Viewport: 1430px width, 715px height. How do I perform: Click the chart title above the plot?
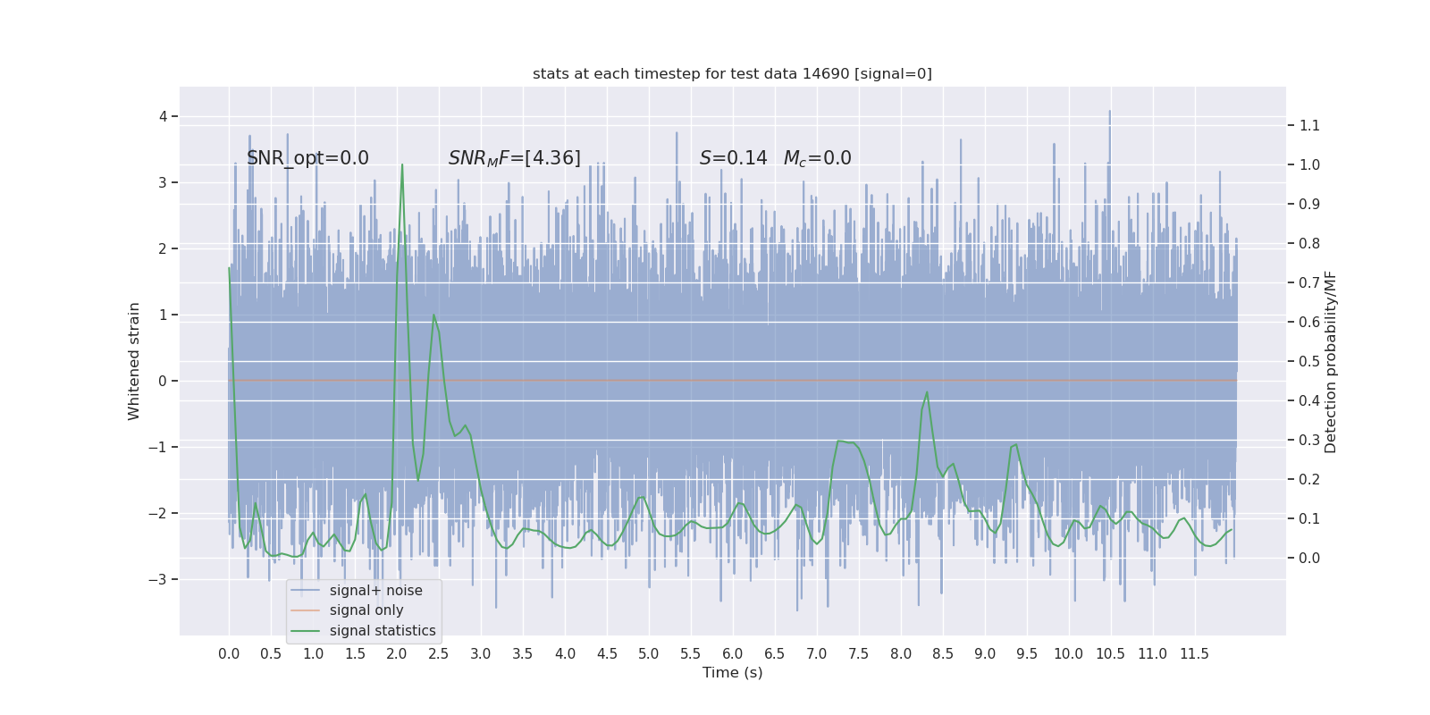point(732,73)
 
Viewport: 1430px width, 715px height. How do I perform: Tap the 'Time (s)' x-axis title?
point(732,672)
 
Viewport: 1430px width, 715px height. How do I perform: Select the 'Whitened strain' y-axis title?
point(134,361)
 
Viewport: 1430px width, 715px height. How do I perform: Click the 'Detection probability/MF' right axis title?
point(1331,361)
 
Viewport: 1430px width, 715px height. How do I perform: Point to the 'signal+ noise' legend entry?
point(375,590)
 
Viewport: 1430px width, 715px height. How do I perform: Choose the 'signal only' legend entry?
point(366,610)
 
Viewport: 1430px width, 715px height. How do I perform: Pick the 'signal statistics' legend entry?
point(382,631)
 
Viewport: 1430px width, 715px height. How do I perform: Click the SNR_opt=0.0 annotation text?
point(307,158)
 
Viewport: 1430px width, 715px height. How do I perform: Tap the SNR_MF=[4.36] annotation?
point(514,158)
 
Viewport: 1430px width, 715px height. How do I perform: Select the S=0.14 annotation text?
point(733,158)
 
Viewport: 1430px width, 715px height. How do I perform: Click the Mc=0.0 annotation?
point(817,158)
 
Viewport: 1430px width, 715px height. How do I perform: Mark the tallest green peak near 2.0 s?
point(402,165)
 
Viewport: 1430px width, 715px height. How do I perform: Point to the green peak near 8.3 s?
point(927,392)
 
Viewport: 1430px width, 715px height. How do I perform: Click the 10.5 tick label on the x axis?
point(1110,654)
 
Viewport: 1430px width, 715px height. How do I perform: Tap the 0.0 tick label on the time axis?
point(229,654)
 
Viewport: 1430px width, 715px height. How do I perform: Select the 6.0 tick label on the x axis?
point(732,654)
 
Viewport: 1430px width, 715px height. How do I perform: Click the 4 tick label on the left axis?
point(164,116)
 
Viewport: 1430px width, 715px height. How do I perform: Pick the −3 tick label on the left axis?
point(157,579)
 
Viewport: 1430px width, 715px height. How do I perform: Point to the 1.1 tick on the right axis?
point(1309,125)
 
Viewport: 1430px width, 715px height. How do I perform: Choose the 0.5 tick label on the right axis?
point(1309,361)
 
